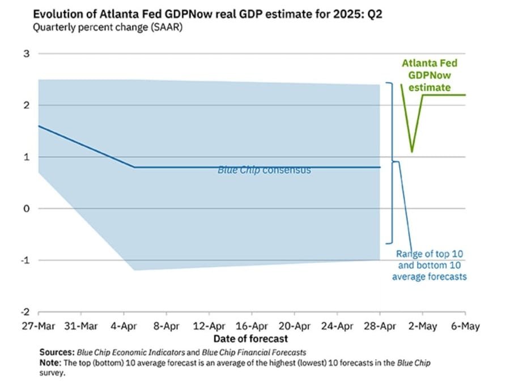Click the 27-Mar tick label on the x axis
click(x=38, y=326)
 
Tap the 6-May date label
click(x=465, y=326)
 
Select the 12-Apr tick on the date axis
click(x=209, y=326)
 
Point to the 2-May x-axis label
click(x=422, y=326)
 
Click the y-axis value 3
click(x=25, y=54)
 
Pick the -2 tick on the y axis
click(x=24, y=312)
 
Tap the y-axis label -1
click(x=24, y=260)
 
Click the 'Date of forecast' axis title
click(x=252, y=339)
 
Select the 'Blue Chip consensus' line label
click(x=264, y=170)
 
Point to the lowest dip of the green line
click(x=412, y=151)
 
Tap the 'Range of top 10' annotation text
click(x=429, y=254)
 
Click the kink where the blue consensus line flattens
click(x=135, y=167)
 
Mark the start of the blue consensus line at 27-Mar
click(x=39, y=126)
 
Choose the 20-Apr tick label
click(x=295, y=326)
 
